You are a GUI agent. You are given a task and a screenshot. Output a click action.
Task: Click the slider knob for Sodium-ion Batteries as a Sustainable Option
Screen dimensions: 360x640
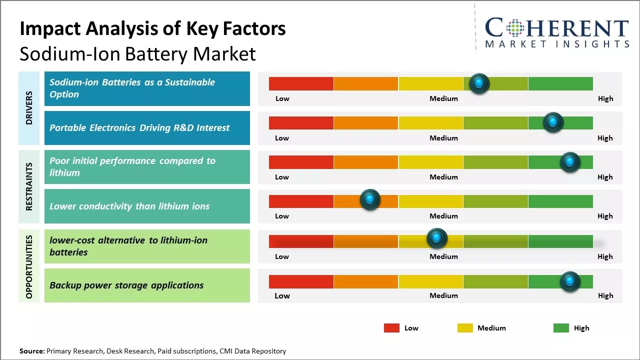(479, 83)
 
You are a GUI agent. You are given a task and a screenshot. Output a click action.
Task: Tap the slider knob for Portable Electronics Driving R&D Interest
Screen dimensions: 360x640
(553, 122)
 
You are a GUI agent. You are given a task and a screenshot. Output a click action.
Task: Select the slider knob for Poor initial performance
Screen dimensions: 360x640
(570, 162)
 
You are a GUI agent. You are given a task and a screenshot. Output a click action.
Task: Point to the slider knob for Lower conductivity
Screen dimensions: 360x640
(370, 199)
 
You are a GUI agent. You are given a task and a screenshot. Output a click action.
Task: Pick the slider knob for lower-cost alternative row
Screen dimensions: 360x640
(436, 238)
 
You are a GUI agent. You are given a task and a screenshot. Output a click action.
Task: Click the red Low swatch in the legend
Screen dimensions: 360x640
(391, 328)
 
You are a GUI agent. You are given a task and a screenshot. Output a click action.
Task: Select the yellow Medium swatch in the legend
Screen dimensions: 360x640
(465, 328)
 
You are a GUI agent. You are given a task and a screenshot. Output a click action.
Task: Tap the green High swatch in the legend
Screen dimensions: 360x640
(561, 328)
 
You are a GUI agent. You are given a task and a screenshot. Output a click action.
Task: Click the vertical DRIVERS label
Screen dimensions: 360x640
(29, 108)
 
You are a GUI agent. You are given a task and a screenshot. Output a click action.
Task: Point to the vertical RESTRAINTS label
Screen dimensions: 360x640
(29, 186)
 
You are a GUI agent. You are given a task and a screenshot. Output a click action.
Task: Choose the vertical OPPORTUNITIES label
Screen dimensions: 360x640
(29, 266)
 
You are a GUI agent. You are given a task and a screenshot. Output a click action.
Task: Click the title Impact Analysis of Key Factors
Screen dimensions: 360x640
(152, 29)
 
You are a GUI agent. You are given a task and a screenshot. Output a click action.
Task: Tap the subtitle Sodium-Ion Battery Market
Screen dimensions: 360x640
(137, 53)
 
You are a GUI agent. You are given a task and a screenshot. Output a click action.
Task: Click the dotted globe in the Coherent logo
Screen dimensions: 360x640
(515, 28)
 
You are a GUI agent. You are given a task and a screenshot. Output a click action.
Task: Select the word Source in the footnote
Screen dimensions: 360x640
(31, 351)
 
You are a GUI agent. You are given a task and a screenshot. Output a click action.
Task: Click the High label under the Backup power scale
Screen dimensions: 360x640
(605, 295)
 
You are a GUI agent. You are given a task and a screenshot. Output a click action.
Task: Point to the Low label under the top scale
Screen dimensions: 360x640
(282, 98)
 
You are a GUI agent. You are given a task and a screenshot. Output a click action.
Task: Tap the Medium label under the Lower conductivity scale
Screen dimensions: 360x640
(443, 216)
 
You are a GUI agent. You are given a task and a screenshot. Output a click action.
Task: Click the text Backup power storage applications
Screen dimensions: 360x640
(126, 285)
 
